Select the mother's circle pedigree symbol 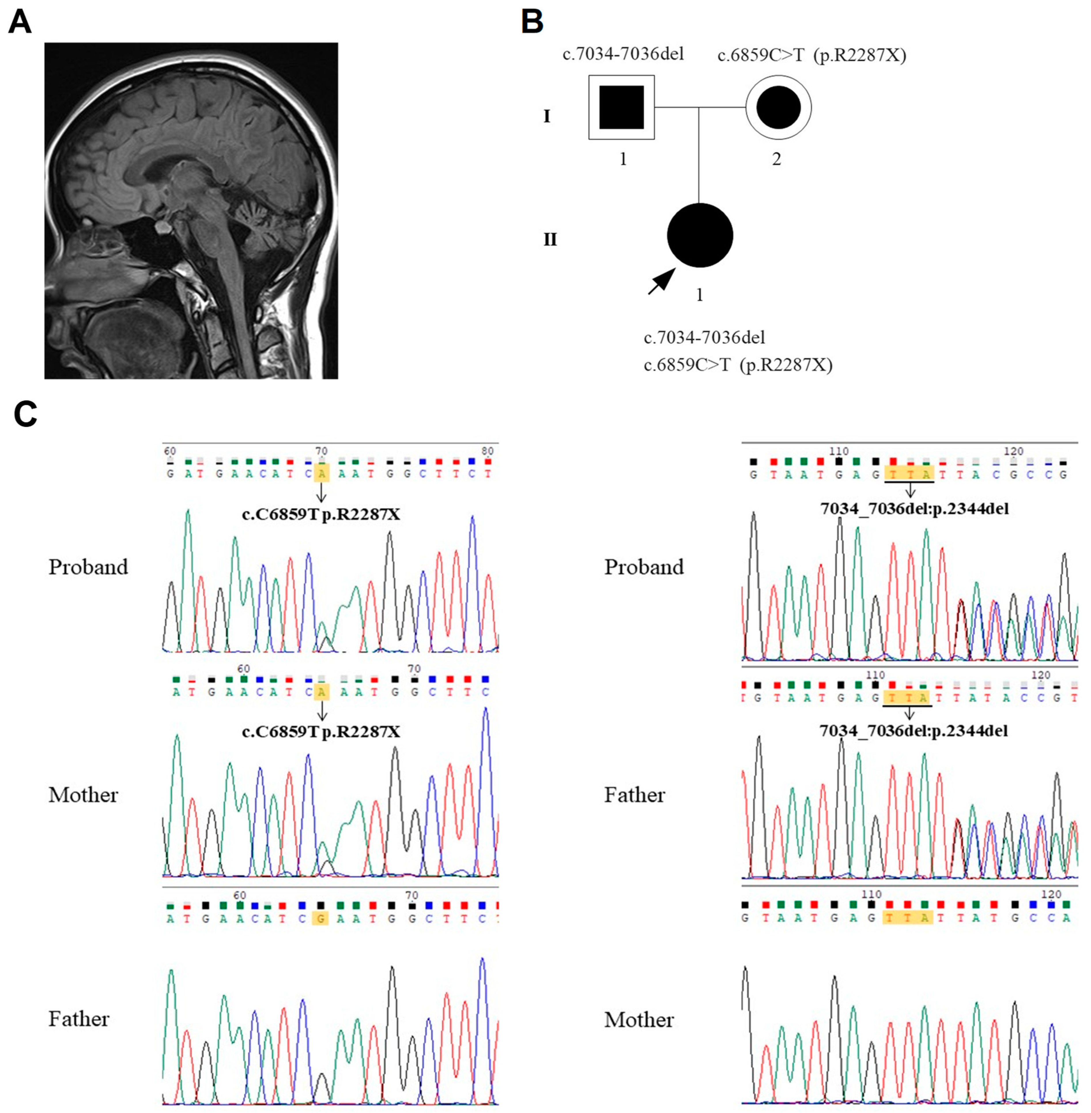[x=778, y=107]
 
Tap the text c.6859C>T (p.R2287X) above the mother [x=811, y=56]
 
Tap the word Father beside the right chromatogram [x=634, y=795]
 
